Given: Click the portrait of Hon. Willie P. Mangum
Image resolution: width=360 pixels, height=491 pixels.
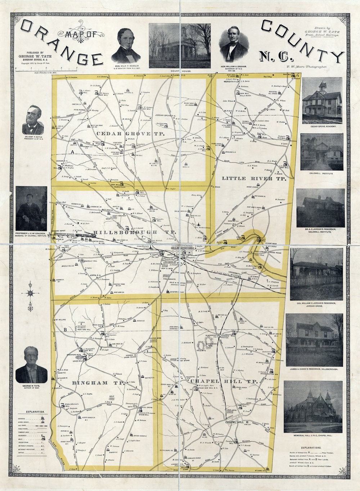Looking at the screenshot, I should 126,44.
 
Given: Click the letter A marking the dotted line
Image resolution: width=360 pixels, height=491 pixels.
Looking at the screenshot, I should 72,153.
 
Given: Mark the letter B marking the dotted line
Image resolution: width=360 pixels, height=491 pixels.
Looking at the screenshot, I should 66,329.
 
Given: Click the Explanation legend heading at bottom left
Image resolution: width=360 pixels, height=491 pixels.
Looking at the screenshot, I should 35,411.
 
